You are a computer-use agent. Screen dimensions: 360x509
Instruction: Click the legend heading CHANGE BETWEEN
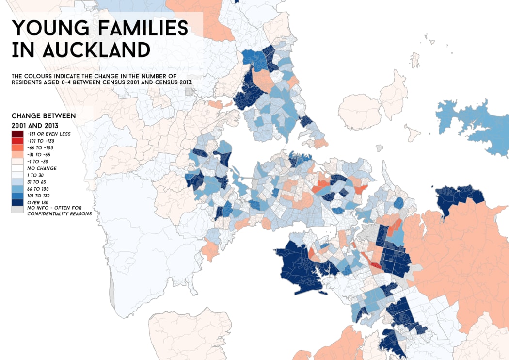tap(44, 116)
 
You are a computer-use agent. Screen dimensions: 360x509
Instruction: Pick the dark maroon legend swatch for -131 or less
tap(17, 134)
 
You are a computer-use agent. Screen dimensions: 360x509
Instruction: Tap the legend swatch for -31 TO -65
tap(17, 154)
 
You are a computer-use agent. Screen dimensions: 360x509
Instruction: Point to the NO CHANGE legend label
tap(42, 168)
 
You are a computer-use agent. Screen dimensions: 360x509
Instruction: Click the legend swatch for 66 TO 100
tap(17, 188)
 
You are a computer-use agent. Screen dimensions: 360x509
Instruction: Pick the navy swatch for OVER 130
tap(17, 202)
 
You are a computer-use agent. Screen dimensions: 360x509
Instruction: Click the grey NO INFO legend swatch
tap(17, 209)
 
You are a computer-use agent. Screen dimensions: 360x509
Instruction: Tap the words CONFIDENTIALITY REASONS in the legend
tap(59, 213)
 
